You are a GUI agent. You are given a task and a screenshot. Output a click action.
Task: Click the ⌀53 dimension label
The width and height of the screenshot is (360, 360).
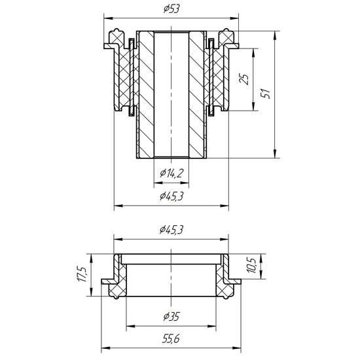[x=171, y=9]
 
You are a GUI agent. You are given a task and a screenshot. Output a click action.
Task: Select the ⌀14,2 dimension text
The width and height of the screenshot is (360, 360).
[x=171, y=173]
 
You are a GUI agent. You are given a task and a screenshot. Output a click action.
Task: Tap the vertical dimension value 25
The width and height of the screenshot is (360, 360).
[x=244, y=79]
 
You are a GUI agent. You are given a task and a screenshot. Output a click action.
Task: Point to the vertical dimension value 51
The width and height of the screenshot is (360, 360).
[x=266, y=94]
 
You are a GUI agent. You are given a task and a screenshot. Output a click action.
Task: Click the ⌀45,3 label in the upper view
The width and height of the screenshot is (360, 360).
[x=171, y=196]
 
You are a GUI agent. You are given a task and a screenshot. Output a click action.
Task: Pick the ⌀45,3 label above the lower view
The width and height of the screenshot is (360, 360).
[x=171, y=230]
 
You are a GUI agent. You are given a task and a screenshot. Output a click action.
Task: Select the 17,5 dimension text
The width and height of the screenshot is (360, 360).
[x=82, y=275]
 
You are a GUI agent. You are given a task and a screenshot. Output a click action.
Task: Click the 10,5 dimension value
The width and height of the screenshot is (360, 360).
[x=251, y=265]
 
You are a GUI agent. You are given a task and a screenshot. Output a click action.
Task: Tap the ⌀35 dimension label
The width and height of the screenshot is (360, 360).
[x=171, y=317]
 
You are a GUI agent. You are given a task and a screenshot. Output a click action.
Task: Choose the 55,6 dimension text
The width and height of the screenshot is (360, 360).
[x=171, y=339]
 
